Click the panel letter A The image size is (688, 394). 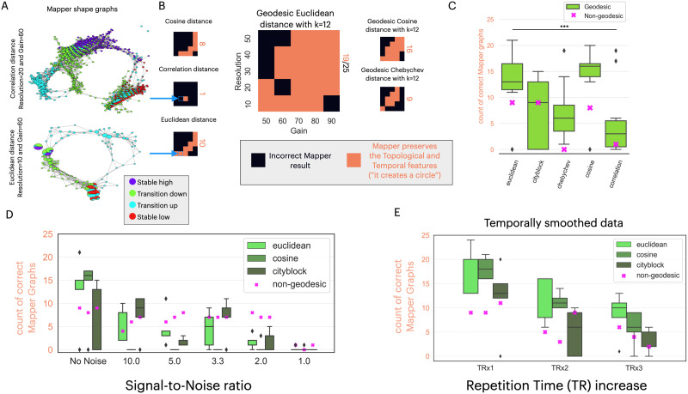tap(6, 6)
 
